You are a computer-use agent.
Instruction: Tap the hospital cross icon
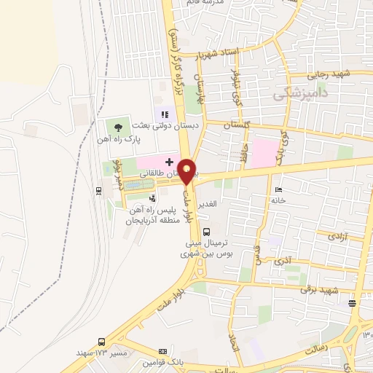click(x=169, y=161)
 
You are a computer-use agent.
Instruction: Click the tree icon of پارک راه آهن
click(x=119, y=127)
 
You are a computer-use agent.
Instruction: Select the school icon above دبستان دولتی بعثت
click(x=165, y=114)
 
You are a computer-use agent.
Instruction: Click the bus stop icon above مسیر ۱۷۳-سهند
click(x=101, y=342)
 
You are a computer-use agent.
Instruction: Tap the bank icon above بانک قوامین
click(x=161, y=352)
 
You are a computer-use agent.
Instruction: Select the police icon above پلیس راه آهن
click(x=152, y=197)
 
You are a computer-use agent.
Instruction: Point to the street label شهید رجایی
click(x=331, y=73)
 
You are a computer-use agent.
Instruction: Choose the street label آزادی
click(x=336, y=236)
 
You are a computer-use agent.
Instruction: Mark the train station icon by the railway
click(x=98, y=191)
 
